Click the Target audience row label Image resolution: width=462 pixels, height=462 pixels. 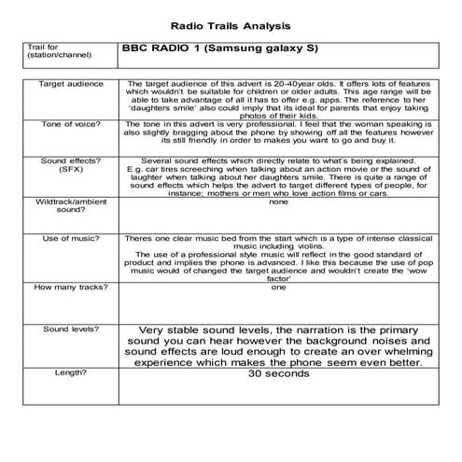[x=64, y=84]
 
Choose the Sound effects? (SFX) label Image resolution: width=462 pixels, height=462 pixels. [x=64, y=165]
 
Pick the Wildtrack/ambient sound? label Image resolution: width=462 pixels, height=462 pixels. [x=64, y=205]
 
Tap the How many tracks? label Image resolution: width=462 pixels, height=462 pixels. [x=64, y=287]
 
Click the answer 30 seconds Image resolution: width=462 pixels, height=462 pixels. [x=277, y=374]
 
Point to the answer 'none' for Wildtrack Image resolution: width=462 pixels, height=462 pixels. [x=278, y=201]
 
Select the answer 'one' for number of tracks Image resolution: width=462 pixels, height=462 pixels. [x=278, y=287]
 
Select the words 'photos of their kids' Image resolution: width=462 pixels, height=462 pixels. [x=278, y=113]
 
